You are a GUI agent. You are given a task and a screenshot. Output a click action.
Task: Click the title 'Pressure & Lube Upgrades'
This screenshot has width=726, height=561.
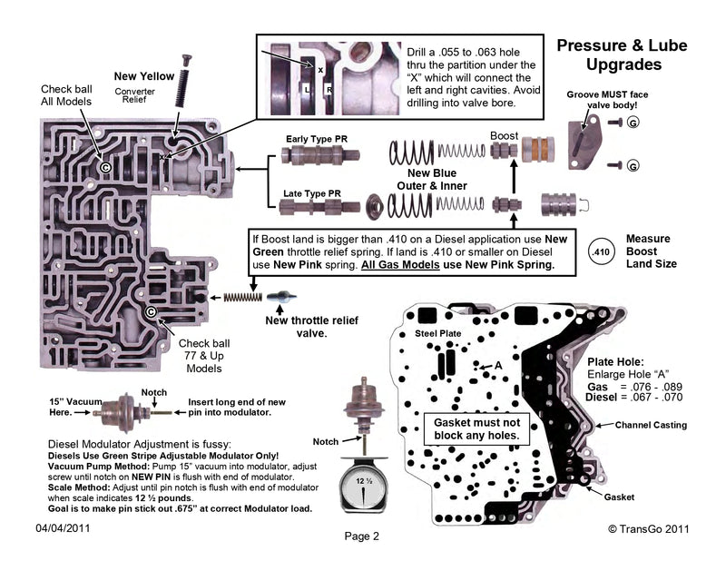[620, 54]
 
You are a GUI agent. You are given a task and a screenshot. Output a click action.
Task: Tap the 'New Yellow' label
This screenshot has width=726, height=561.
[142, 75]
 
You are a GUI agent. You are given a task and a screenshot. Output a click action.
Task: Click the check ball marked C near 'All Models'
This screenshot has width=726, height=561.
[105, 168]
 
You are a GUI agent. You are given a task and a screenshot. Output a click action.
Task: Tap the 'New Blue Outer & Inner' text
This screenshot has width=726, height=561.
[431, 179]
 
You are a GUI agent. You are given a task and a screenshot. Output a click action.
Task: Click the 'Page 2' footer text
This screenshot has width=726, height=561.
[361, 536]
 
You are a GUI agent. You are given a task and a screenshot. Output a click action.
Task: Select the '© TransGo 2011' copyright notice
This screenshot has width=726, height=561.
[650, 527]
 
